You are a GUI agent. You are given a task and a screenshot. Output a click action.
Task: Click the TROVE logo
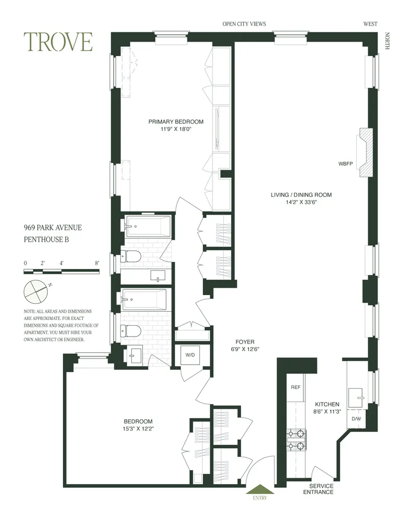click(x=58, y=42)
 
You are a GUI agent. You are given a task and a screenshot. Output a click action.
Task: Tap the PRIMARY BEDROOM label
click(x=176, y=126)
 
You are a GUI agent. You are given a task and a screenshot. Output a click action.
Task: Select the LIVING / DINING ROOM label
click(x=301, y=199)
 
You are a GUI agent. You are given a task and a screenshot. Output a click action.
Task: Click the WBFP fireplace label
click(x=345, y=164)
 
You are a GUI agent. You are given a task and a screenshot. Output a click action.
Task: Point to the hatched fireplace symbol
click(x=367, y=154)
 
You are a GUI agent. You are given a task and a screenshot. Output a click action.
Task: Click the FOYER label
click(x=244, y=345)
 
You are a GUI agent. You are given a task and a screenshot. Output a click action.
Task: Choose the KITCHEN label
click(x=327, y=408)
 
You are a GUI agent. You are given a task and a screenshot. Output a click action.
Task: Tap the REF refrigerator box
click(x=295, y=387)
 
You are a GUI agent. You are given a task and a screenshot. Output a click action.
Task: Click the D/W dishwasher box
click(x=356, y=418)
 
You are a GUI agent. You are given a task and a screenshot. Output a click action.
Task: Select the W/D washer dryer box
click(x=188, y=356)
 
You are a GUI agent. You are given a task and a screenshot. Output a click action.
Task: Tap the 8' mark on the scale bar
click(x=97, y=263)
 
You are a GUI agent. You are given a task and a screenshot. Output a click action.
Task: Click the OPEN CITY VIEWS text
click(x=244, y=24)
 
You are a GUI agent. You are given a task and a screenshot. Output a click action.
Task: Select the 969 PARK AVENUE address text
click(x=52, y=228)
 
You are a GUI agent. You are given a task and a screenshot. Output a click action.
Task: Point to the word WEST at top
click(x=370, y=24)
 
